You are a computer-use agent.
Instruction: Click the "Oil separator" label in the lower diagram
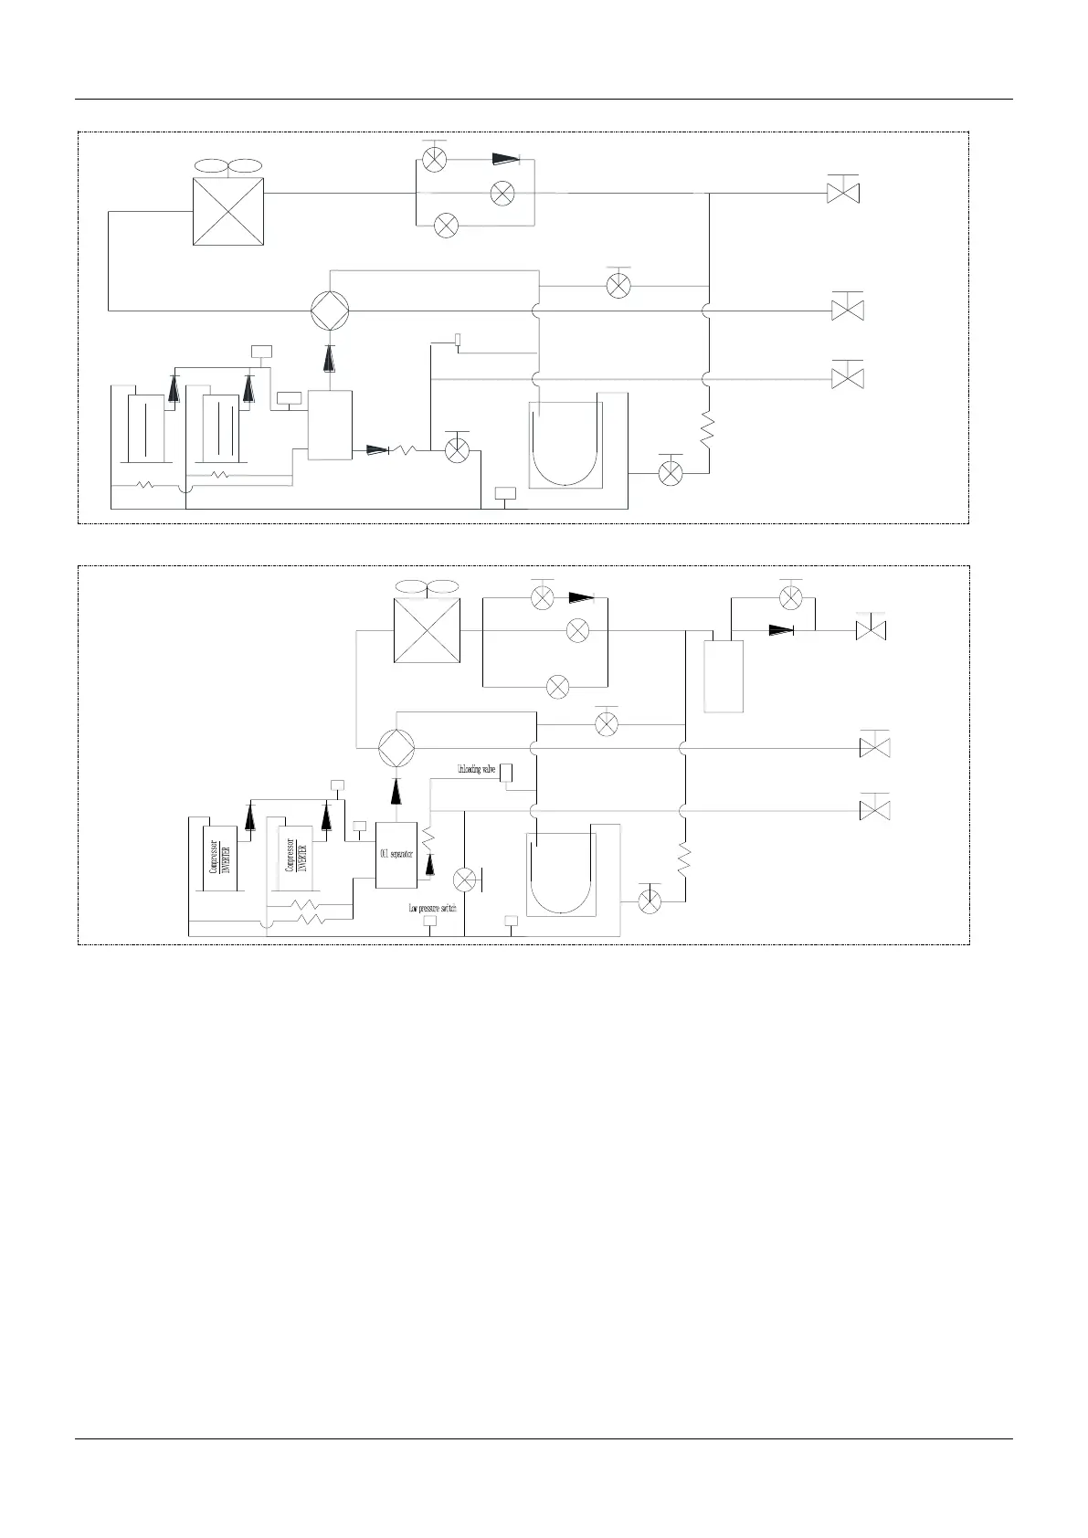tap(396, 854)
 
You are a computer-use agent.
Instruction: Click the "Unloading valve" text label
tap(476, 770)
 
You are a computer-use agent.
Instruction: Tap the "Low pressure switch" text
tap(431, 909)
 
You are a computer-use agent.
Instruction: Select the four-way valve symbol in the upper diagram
tap(329, 311)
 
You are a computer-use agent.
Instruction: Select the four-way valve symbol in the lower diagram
tap(396, 748)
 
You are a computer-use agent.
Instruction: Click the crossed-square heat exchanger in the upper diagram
tap(228, 211)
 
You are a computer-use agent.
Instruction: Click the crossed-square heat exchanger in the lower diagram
tap(427, 631)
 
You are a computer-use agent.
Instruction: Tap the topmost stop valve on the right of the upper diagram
tap(843, 193)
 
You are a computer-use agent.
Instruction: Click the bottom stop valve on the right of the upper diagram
tap(848, 376)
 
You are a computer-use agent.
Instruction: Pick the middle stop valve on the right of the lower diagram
tap(875, 748)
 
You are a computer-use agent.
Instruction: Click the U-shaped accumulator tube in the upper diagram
tap(566, 443)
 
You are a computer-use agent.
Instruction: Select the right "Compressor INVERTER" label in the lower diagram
tap(296, 855)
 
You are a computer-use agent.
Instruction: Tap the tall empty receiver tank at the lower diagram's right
tap(724, 676)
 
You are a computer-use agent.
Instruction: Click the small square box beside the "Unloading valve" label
tap(506, 773)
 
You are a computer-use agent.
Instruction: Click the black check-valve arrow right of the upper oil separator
tap(376, 449)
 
